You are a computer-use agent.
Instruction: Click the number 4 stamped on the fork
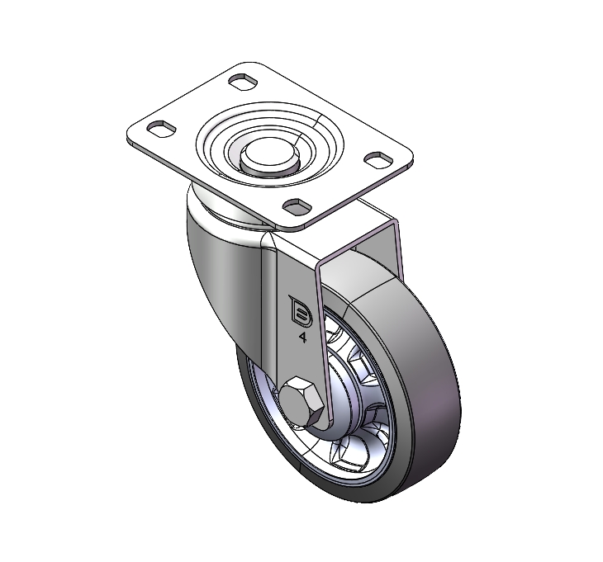pos(302,338)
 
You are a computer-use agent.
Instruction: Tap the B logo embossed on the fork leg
pos(301,311)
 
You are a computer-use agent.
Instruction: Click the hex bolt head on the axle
pos(301,402)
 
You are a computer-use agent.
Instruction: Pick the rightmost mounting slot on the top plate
pos(378,159)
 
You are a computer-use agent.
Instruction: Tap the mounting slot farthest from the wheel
pos(243,82)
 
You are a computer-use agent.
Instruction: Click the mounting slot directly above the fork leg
pos(297,206)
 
